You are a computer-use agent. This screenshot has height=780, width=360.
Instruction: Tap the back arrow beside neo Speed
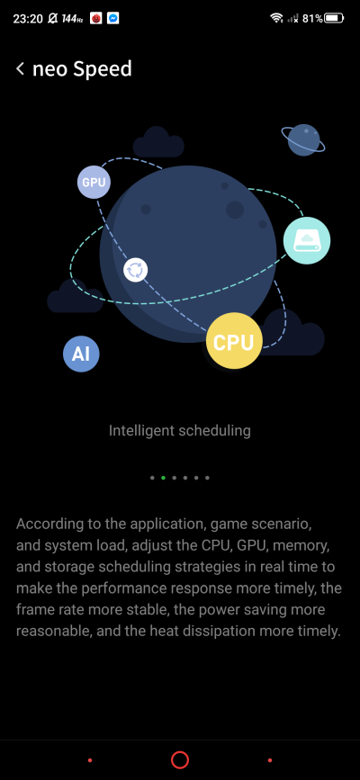pyautogui.click(x=20, y=68)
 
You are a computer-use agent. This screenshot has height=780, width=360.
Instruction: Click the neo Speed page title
pyautogui.click(x=82, y=68)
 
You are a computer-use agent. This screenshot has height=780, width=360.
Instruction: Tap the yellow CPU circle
pyautogui.click(x=234, y=342)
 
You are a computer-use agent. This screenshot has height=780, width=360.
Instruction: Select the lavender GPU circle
pyautogui.click(x=94, y=182)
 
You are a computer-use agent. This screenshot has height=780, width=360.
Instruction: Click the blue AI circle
pyautogui.click(x=81, y=354)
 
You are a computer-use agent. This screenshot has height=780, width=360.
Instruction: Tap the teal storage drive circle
pyautogui.click(x=307, y=241)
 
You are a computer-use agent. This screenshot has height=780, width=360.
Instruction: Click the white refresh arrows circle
pyautogui.click(x=135, y=270)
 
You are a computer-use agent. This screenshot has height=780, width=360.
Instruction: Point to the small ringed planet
pyautogui.click(x=303, y=139)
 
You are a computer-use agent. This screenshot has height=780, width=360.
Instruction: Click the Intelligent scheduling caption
pyautogui.click(x=180, y=430)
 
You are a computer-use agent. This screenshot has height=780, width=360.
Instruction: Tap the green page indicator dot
pyautogui.click(x=163, y=478)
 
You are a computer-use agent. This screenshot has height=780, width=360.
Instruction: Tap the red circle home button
pyautogui.click(x=180, y=759)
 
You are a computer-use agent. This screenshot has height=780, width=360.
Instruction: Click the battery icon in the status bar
pyautogui.click(x=334, y=18)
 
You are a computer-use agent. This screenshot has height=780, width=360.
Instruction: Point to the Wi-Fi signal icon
pyautogui.click(x=276, y=18)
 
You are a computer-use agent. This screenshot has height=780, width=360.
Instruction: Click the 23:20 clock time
pyautogui.click(x=27, y=19)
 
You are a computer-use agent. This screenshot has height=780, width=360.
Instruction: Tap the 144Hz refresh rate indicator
pyautogui.click(x=72, y=19)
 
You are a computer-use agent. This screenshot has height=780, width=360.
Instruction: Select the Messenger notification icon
pyautogui.click(x=113, y=18)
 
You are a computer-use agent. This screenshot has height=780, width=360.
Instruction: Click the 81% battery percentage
pyautogui.click(x=312, y=19)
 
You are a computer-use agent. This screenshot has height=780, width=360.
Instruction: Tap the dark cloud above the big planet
pyautogui.click(x=158, y=142)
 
